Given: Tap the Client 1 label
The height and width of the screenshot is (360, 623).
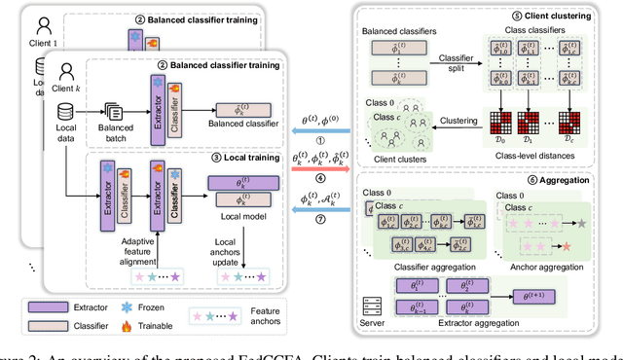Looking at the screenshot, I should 46,42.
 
